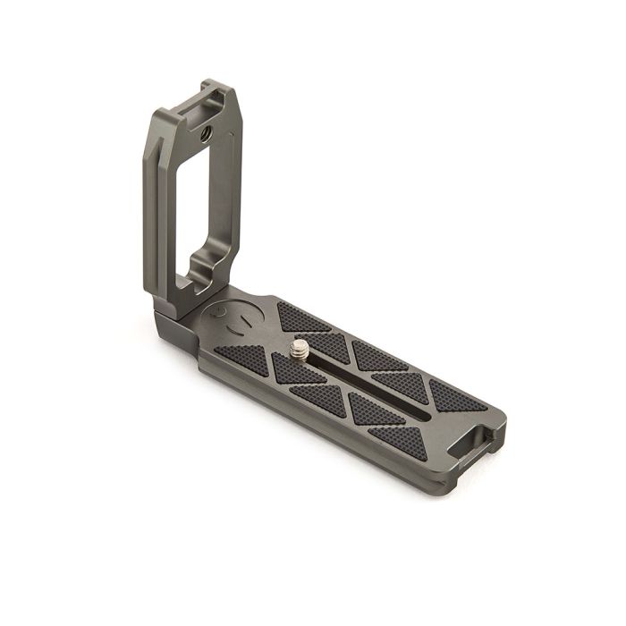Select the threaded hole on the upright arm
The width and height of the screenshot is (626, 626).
tap(207, 134)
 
